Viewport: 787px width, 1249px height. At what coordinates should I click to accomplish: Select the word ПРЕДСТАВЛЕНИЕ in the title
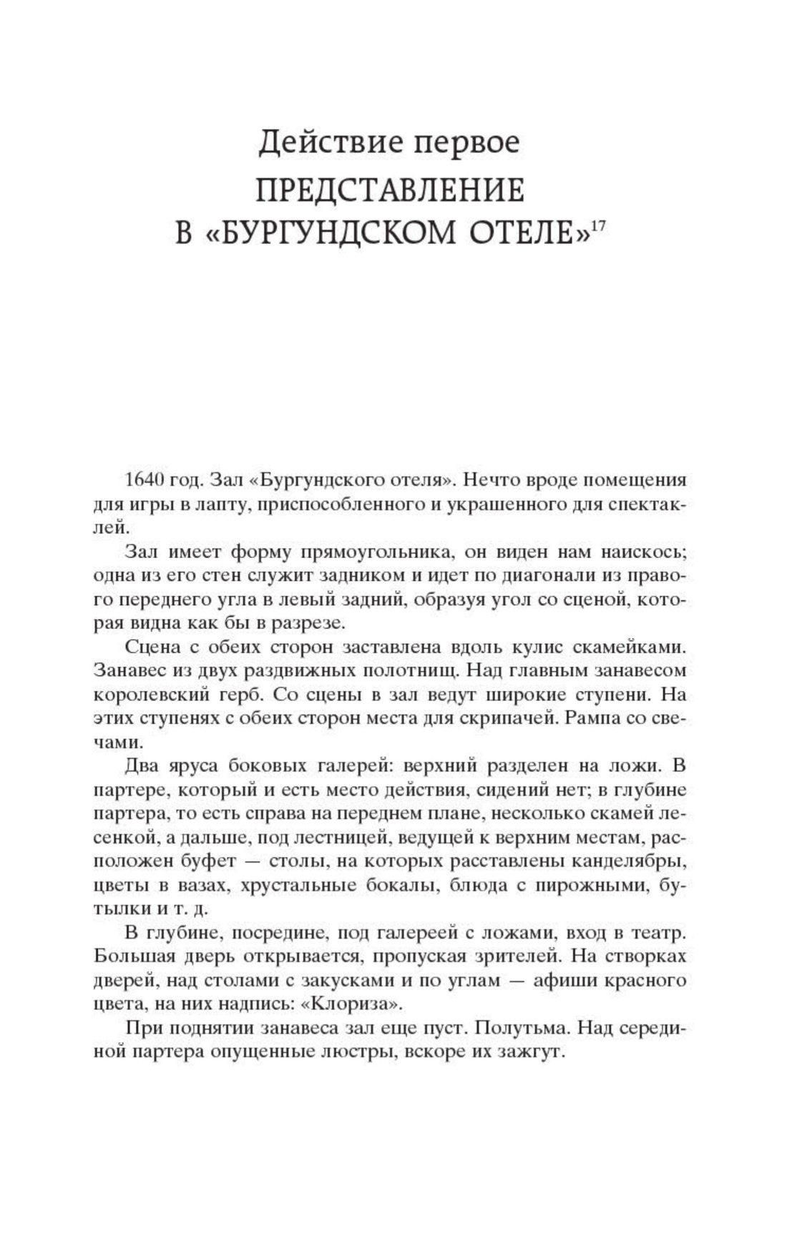coord(390,191)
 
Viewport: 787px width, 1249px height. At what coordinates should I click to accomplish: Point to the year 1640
coord(146,480)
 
